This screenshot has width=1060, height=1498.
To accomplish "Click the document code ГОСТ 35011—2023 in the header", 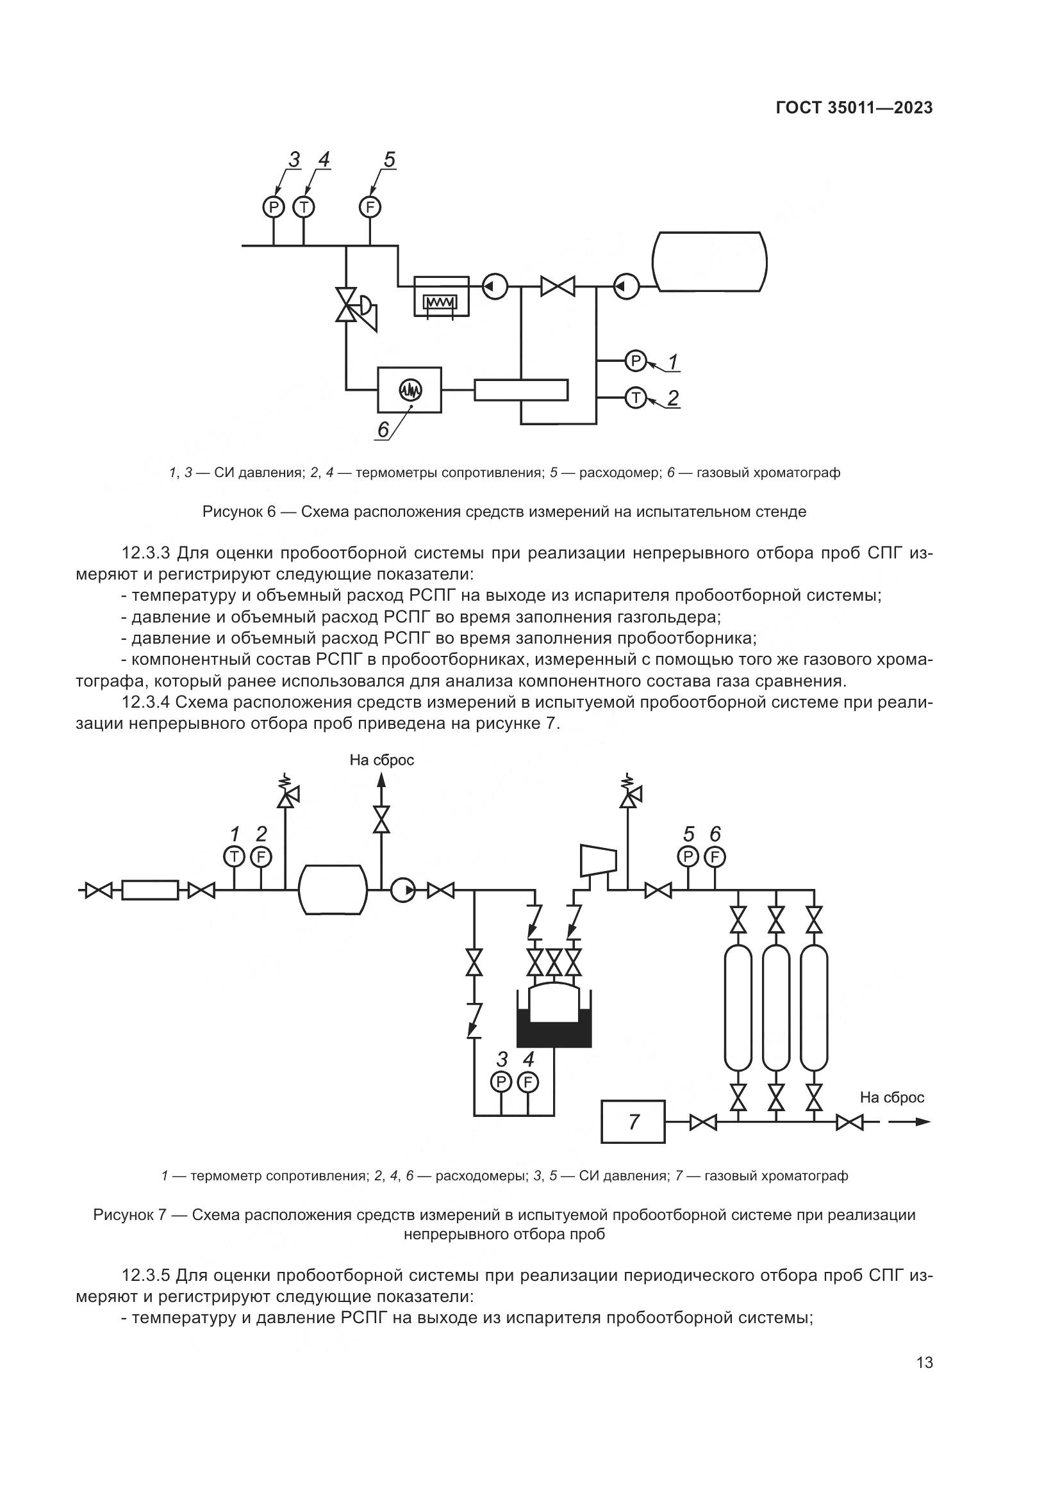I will (854, 108).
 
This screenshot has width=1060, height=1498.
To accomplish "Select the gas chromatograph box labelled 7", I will (633, 1121).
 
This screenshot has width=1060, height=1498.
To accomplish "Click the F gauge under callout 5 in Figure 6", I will (370, 208).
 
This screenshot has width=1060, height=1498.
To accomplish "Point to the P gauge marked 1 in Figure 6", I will (635, 360).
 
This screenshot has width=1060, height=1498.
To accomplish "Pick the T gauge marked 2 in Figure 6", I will (635, 396).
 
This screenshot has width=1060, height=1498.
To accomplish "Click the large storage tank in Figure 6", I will (710, 262).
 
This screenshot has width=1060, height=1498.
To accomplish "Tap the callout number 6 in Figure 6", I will (383, 428).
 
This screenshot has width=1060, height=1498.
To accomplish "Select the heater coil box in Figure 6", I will (441, 297).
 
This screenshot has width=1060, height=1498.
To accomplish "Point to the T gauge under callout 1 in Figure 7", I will (234, 856).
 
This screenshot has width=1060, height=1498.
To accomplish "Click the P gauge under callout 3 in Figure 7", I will (501, 1082).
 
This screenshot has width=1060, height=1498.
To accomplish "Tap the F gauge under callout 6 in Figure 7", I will (715, 856).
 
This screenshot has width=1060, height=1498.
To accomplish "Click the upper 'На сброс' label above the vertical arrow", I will (382, 760).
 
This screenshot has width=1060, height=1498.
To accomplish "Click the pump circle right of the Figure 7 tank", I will (402, 890).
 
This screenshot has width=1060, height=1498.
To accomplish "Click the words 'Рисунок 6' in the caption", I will (240, 512).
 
